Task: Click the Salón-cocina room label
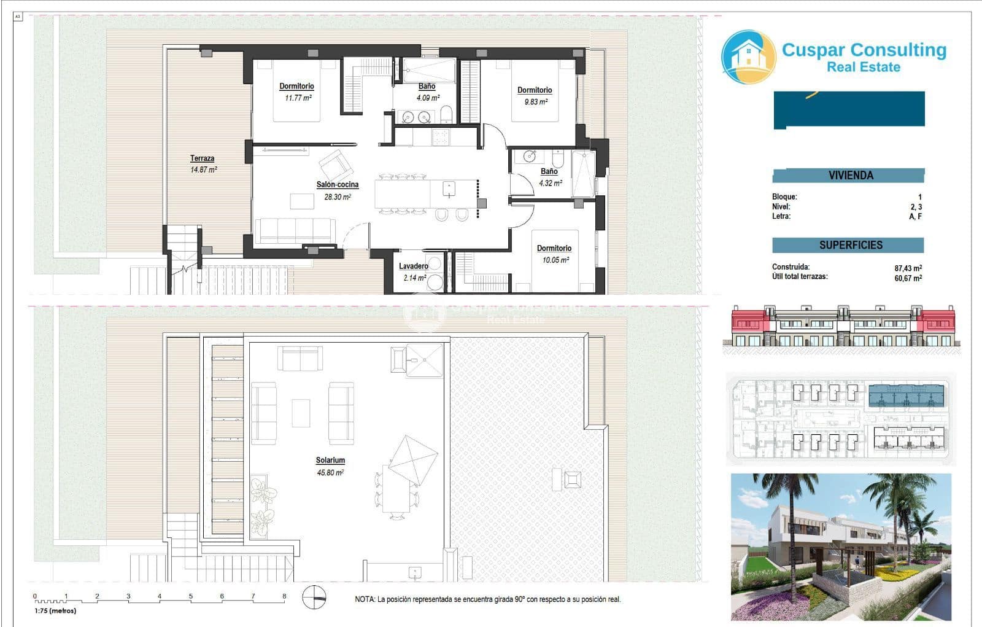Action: [337, 185]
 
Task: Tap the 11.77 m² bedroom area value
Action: [298, 98]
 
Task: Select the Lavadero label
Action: [414, 266]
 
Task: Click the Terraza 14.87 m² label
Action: [203, 164]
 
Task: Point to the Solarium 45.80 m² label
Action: [330, 465]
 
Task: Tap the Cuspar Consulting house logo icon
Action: [748, 57]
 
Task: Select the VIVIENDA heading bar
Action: [849, 176]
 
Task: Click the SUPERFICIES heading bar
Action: [849, 245]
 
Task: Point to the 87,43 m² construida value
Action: [908, 268]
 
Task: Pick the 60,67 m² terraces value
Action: [908, 278]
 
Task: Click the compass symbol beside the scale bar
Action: [314, 598]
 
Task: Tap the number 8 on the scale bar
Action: [284, 596]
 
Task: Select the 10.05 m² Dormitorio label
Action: [554, 254]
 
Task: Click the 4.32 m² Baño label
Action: [549, 177]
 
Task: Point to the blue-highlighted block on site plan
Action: [907, 397]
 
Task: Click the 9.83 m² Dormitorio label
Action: [535, 96]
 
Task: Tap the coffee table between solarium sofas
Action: [301, 413]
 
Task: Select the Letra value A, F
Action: [915, 216]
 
